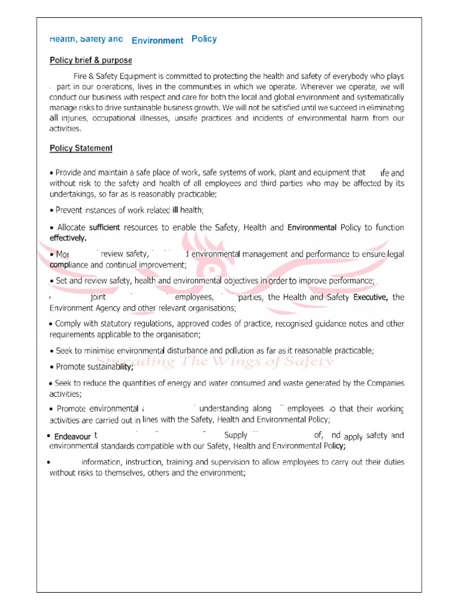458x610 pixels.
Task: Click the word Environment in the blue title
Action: (157, 41)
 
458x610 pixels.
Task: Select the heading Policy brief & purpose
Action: (91, 61)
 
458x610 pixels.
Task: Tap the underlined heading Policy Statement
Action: (81, 148)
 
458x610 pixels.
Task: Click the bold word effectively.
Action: (68, 238)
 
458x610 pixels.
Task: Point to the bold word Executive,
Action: (370, 297)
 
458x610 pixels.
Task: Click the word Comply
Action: (68, 324)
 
